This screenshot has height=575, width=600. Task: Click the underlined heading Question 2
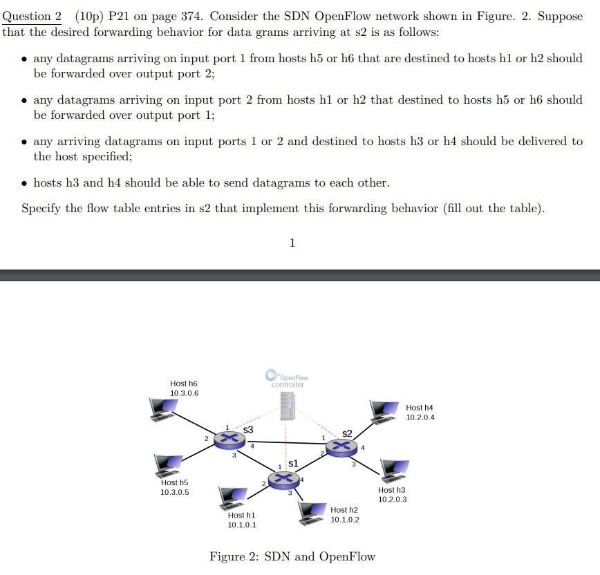point(27,17)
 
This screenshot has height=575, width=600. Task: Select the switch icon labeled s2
point(339,446)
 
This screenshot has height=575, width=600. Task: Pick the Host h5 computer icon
point(165,466)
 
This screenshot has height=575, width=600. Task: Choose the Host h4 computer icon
point(384,410)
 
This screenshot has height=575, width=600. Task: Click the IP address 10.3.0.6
point(184,393)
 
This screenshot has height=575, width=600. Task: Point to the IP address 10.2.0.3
point(393,499)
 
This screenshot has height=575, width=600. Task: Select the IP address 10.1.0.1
point(242,525)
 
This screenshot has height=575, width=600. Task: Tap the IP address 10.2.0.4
point(420,417)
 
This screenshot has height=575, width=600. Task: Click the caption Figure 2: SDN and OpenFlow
point(292,556)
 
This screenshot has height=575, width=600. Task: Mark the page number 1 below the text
point(292,243)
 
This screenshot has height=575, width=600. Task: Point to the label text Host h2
point(344,509)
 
